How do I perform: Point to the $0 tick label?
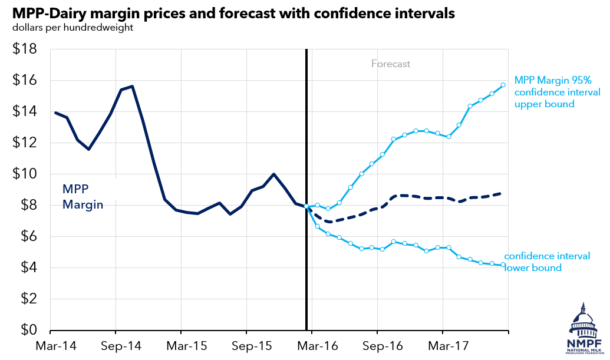(x=27, y=330)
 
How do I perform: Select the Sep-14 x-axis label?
(x=116, y=345)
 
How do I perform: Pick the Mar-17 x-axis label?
(x=444, y=345)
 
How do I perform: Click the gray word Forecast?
(x=390, y=64)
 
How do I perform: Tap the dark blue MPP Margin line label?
(x=83, y=197)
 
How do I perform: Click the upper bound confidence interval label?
(x=557, y=92)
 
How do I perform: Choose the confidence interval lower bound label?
(x=546, y=262)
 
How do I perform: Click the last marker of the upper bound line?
(x=503, y=85)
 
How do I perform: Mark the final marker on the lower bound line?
(x=503, y=265)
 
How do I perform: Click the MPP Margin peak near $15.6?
(x=132, y=86)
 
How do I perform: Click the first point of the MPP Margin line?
(x=55, y=113)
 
